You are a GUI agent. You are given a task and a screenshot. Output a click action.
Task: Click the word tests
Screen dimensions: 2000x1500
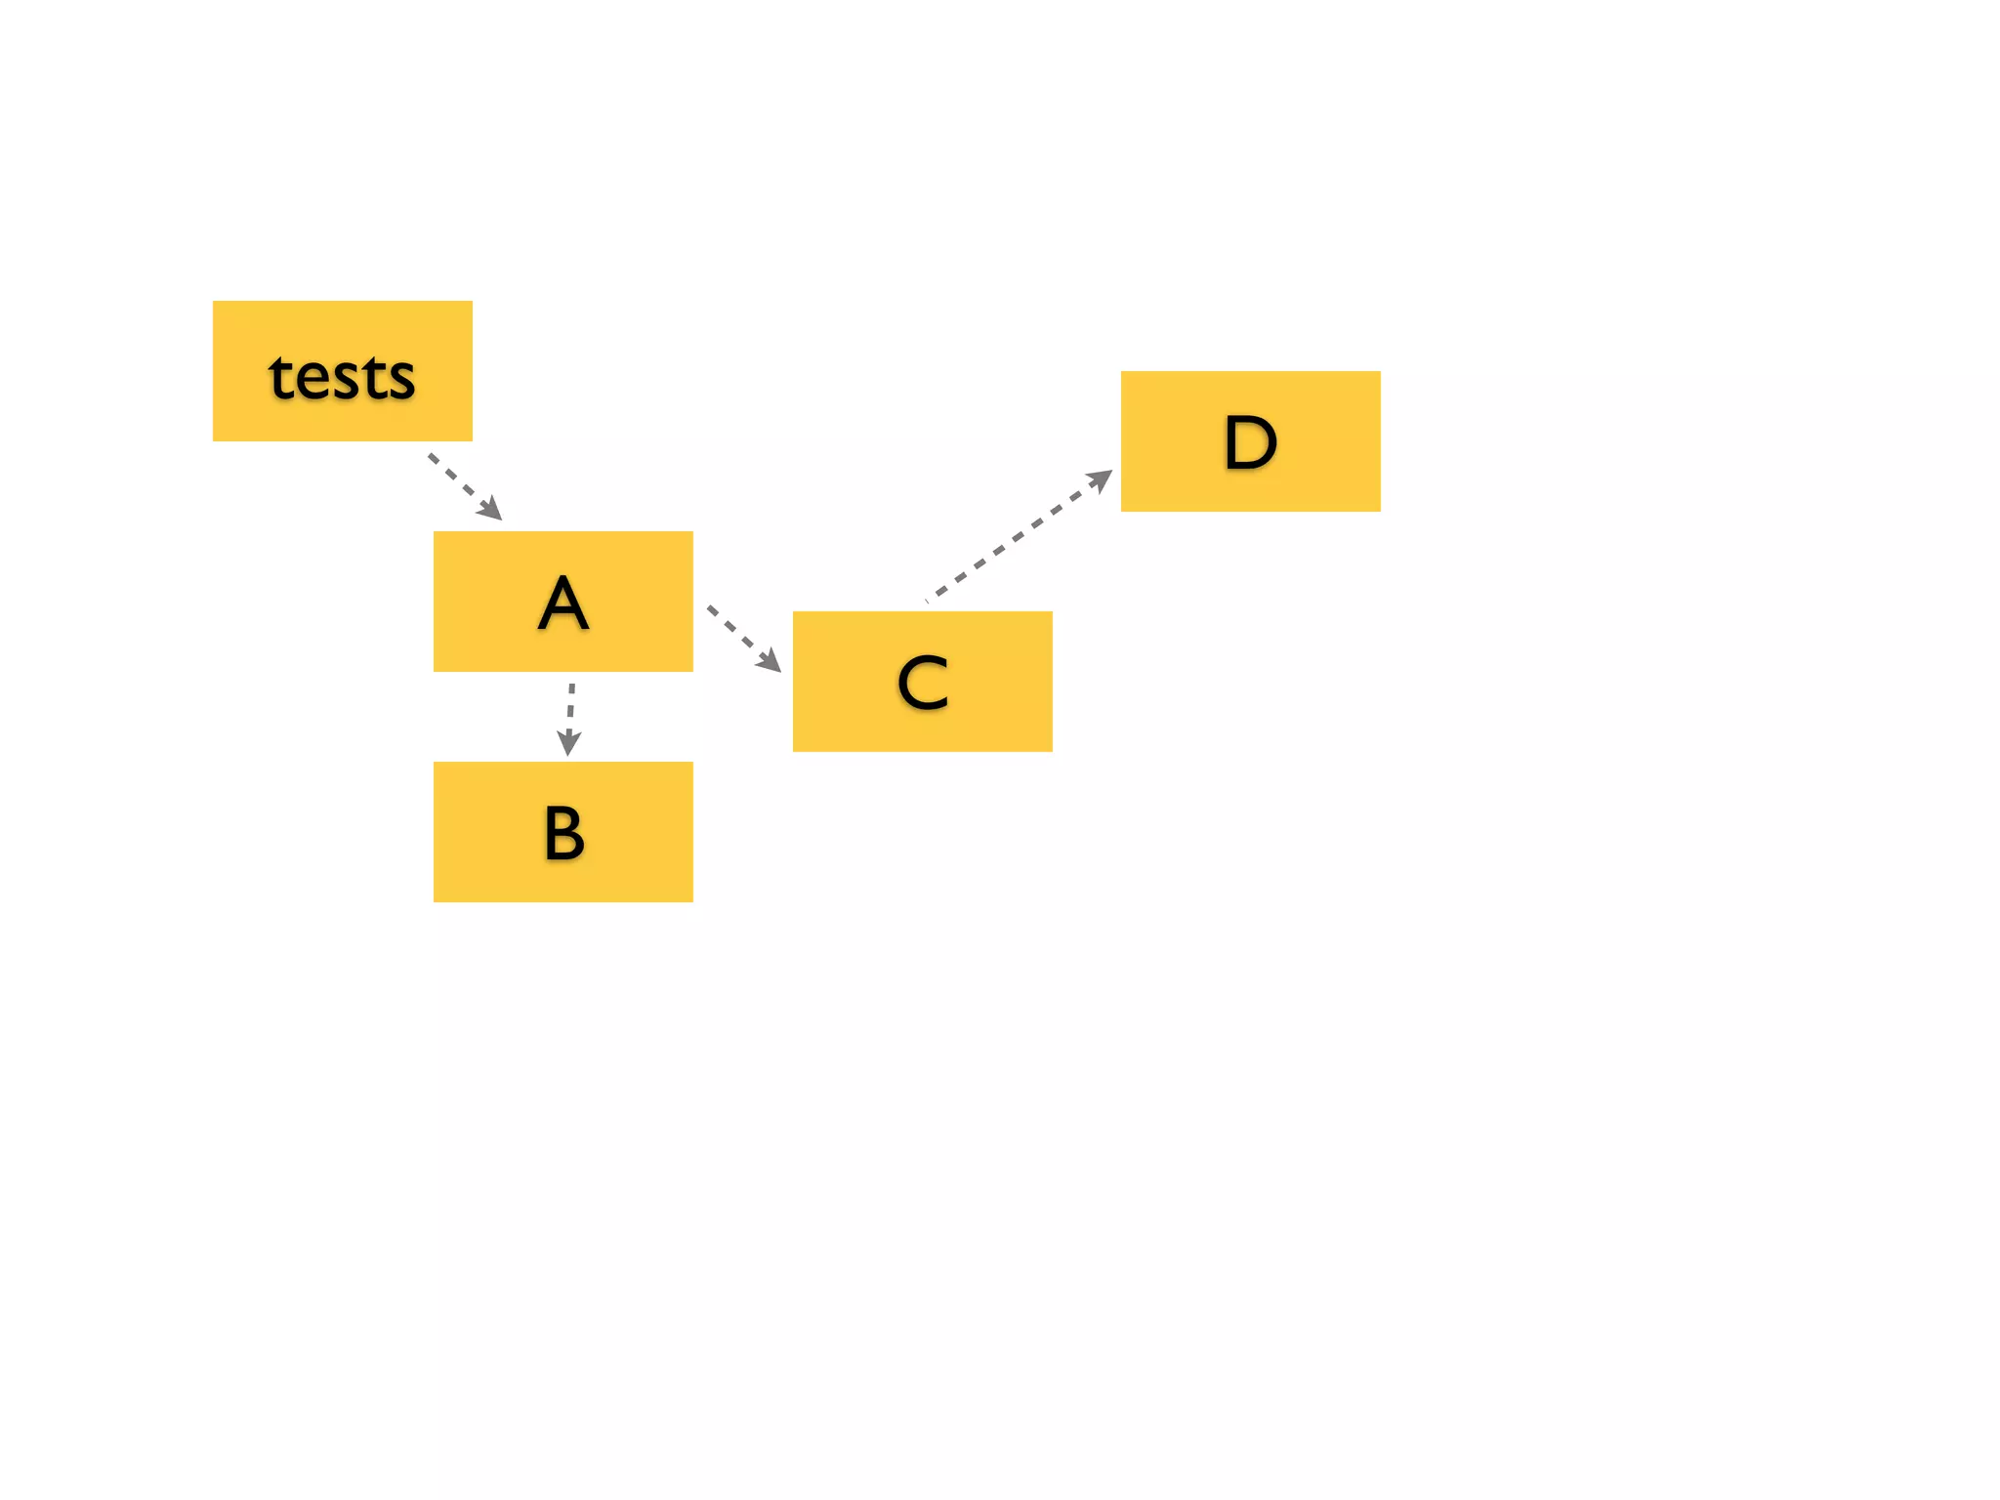tap(342, 377)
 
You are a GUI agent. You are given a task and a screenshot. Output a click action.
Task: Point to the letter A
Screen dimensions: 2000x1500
tap(563, 604)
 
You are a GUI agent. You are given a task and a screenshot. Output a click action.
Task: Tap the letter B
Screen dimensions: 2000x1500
tap(563, 833)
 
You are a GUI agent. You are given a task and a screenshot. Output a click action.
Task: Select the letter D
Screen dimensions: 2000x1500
tap(1250, 442)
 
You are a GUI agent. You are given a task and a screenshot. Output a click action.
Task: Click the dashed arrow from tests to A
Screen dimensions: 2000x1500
tap(459, 481)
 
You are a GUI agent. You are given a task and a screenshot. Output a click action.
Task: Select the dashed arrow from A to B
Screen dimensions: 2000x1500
tap(570, 711)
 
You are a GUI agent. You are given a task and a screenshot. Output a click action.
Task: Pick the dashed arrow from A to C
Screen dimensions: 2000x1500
tap(737, 634)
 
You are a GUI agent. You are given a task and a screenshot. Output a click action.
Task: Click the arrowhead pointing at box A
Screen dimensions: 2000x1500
tap(492, 510)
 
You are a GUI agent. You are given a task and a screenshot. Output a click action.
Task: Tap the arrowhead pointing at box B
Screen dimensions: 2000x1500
tap(568, 744)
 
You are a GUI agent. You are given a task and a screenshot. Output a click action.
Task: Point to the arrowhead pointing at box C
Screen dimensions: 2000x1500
tap(771, 662)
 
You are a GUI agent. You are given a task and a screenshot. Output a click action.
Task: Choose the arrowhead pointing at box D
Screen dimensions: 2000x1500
tap(1101, 479)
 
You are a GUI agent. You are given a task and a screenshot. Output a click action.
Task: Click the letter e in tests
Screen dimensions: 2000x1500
tap(315, 380)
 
